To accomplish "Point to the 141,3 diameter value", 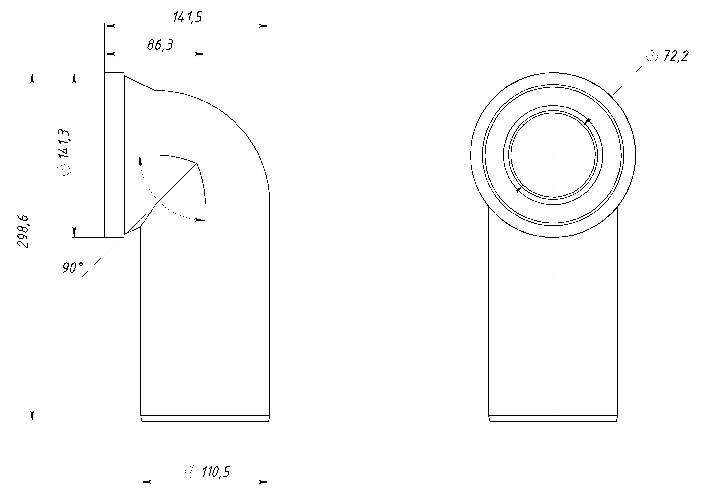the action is tap(64, 144).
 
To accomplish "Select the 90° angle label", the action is tap(73, 268).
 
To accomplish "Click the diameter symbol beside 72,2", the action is tap(652, 56).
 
